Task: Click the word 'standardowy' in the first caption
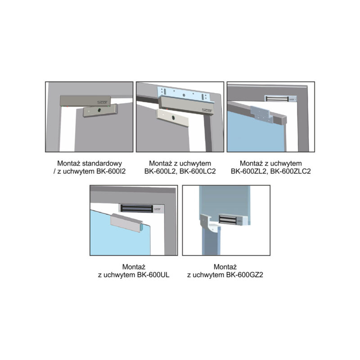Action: [102, 163]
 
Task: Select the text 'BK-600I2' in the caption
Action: [111, 171]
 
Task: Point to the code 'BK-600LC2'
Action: [198, 171]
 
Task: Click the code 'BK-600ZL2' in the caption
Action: [249, 171]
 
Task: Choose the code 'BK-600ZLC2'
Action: [290, 171]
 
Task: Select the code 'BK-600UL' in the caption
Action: [153, 275]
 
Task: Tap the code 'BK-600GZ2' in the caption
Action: [244, 275]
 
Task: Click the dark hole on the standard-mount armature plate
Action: [99, 110]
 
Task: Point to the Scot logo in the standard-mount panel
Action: [102, 103]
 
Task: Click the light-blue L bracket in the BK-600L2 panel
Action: [185, 94]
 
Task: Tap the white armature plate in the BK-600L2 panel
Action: [172, 117]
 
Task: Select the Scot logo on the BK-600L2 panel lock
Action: [207, 110]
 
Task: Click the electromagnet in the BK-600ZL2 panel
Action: [280, 99]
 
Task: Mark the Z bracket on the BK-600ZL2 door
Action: [262, 114]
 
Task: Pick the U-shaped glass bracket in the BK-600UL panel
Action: [127, 223]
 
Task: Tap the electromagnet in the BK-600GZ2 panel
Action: [233, 220]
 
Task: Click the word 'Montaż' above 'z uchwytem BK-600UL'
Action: [134, 267]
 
